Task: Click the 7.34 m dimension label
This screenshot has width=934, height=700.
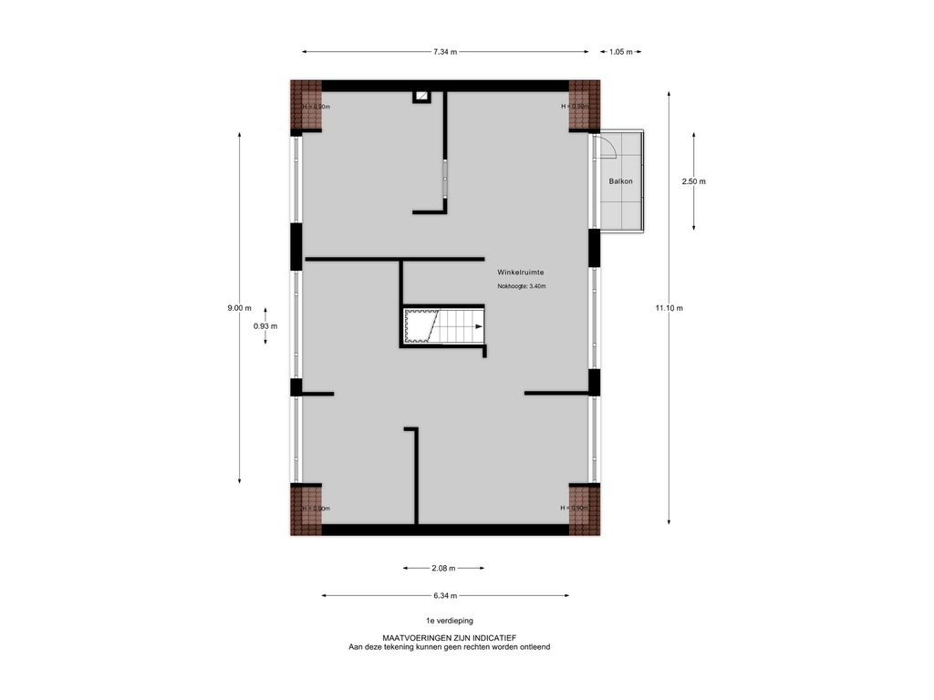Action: click(446, 52)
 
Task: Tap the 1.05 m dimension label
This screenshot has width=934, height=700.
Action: click(620, 52)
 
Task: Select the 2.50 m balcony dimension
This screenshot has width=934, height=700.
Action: click(693, 181)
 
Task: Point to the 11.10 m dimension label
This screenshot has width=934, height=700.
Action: click(669, 308)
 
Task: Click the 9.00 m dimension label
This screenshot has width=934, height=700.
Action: click(239, 308)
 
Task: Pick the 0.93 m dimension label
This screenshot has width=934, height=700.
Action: click(265, 326)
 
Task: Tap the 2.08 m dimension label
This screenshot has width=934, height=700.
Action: click(444, 568)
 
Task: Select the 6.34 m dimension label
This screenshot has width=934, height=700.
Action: click(446, 596)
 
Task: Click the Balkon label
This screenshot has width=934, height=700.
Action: click(620, 181)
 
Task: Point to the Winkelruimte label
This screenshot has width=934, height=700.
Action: click(521, 273)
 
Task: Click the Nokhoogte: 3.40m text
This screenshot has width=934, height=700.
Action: click(521, 286)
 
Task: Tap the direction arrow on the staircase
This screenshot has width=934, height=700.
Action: click(477, 325)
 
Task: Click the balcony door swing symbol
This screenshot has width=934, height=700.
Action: click(607, 148)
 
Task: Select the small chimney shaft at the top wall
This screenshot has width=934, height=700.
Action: click(421, 96)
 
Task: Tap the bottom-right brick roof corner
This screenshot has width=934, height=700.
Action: click(585, 510)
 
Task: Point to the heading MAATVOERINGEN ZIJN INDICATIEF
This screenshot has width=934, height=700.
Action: click(449, 638)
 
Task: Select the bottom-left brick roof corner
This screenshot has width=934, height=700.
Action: click(306, 510)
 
